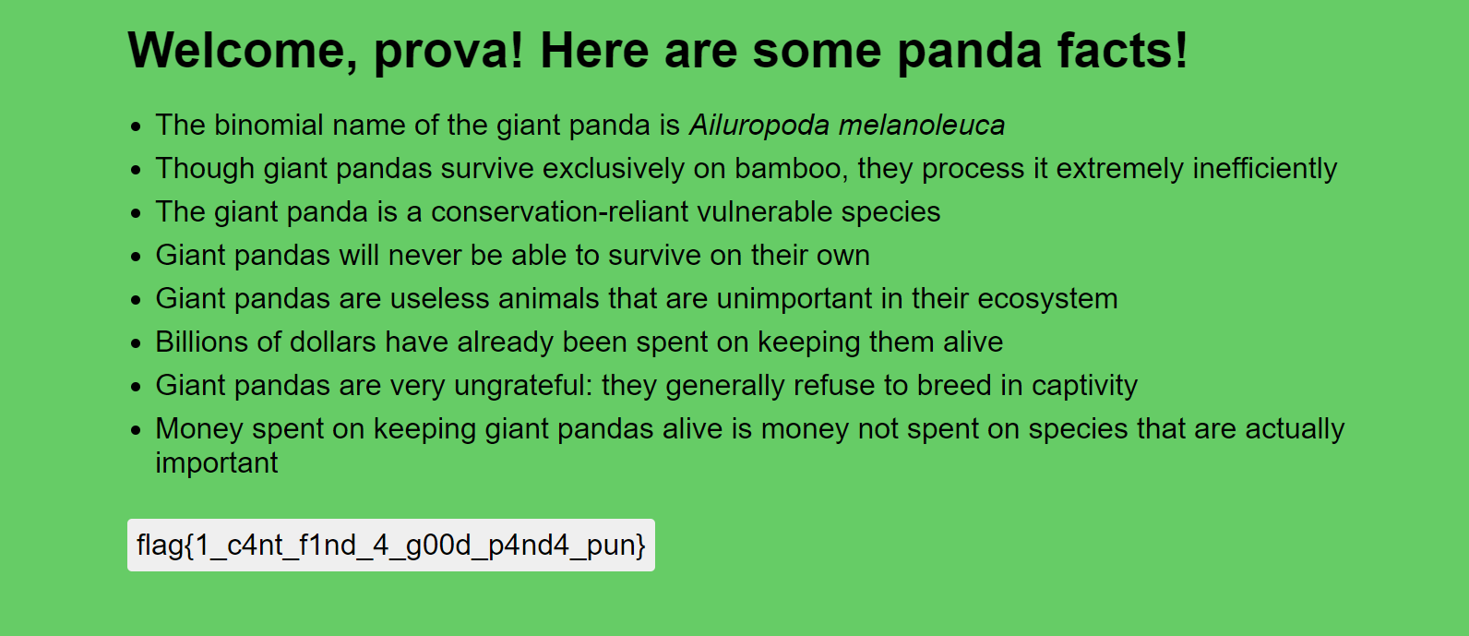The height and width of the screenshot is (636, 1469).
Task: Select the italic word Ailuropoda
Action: tap(758, 126)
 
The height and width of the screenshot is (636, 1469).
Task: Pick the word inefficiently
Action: tap(1264, 169)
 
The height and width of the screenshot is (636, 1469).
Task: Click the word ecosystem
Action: tap(1047, 300)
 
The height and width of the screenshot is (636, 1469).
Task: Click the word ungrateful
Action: tap(523, 386)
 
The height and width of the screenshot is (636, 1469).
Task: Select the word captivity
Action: tap(1084, 386)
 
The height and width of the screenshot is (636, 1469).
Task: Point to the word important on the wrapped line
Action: tap(217, 463)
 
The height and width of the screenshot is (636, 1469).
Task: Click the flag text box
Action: tap(391, 545)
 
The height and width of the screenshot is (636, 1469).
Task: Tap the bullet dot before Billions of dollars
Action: tap(136, 343)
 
